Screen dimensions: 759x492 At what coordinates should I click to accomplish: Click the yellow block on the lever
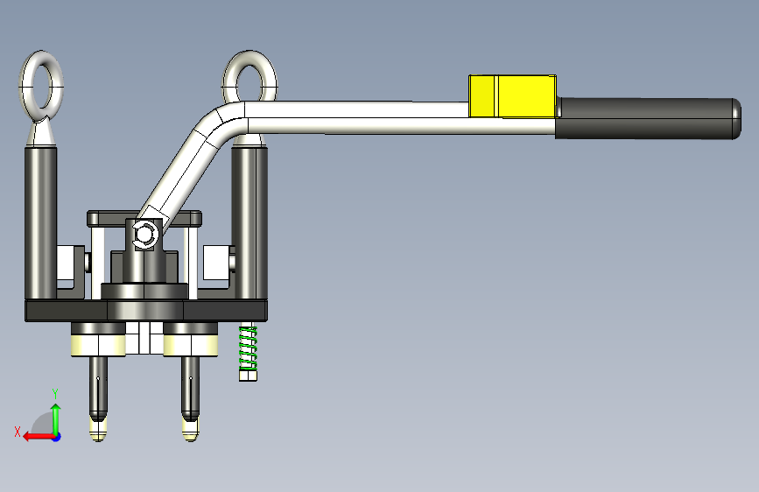coord(512,96)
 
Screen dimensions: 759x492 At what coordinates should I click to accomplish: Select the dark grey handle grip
coord(649,119)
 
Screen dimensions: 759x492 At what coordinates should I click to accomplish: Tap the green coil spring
coord(248,348)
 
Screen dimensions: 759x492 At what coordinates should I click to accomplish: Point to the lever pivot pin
coord(144,235)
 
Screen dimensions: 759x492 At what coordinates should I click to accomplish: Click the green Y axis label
coord(55,394)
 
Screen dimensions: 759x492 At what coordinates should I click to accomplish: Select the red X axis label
coord(18,432)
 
